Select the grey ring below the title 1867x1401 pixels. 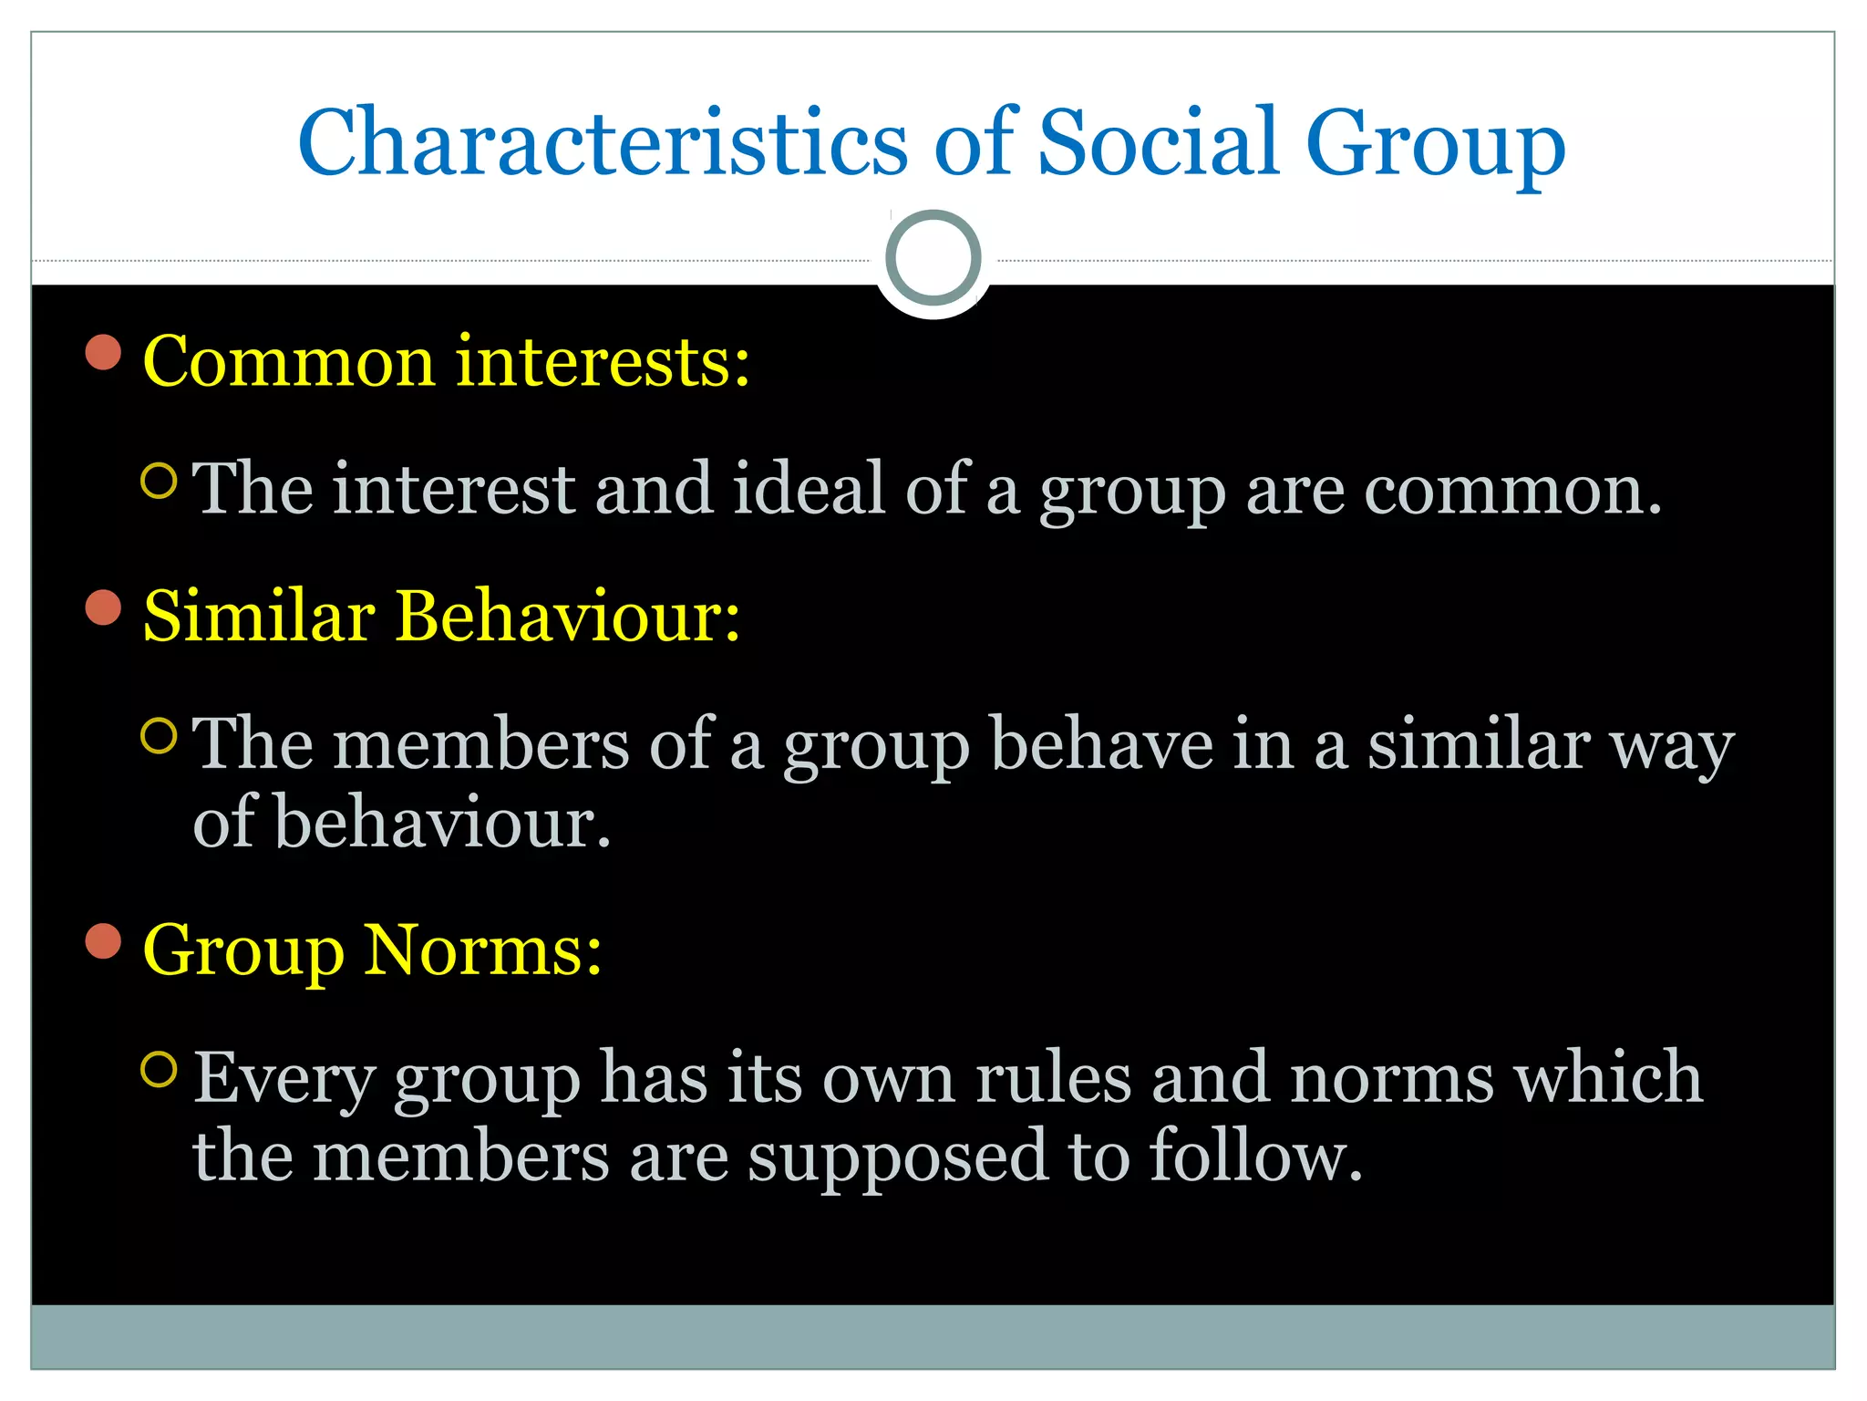[x=933, y=258]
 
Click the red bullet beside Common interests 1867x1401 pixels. [x=104, y=352]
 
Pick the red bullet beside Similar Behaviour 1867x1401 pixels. [x=104, y=607]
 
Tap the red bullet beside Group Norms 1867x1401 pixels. [x=104, y=941]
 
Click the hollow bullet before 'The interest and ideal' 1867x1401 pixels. [x=160, y=481]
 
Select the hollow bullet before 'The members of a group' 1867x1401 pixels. [x=160, y=736]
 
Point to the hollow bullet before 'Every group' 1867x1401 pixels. [x=160, y=1069]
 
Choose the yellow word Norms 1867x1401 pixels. [x=482, y=950]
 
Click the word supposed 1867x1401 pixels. [x=898, y=1157]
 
